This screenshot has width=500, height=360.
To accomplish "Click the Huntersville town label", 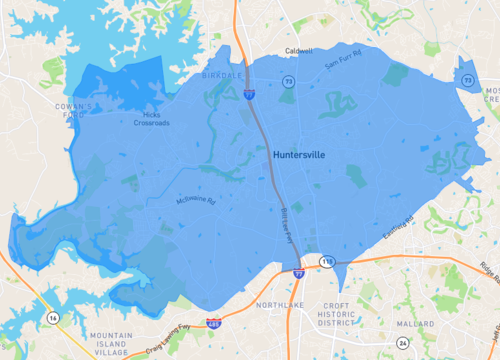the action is tap(300, 155).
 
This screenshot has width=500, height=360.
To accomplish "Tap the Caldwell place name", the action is tap(299, 50).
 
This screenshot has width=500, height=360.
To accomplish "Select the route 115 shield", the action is tap(327, 261).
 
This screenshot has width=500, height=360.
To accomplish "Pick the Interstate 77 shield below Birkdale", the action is tap(247, 95).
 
